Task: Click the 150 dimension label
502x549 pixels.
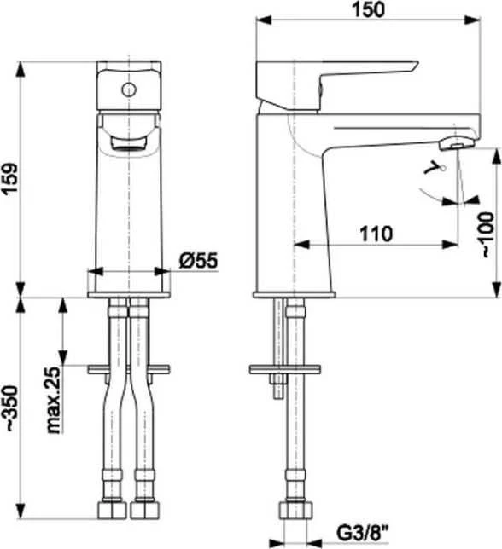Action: tap(369, 9)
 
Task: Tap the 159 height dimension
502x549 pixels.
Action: tap(10, 179)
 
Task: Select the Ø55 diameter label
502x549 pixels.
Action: tap(198, 260)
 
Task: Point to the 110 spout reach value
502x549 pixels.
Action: tap(376, 234)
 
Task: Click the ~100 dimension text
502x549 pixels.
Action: tap(488, 234)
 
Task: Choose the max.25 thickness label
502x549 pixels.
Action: tap(55, 400)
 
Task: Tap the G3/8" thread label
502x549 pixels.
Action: tap(363, 534)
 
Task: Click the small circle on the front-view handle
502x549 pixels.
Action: tap(129, 90)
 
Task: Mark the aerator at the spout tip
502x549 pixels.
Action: tap(457, 144)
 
